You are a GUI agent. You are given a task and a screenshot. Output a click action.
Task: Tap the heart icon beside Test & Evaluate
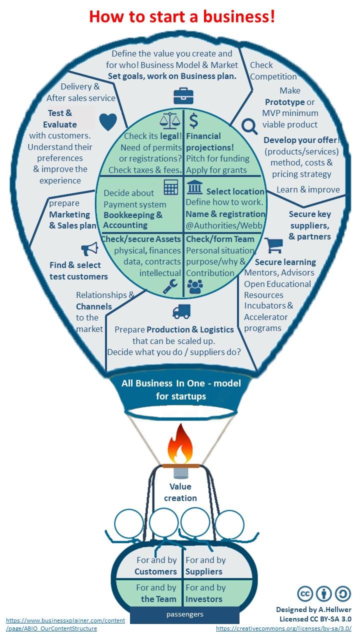point(108,121)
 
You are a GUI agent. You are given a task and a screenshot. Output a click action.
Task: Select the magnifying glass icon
point(249,127)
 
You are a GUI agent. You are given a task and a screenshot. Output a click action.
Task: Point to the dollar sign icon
point(193,120)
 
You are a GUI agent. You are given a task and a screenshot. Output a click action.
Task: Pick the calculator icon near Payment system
point(170,187)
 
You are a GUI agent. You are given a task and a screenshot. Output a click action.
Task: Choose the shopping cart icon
point(273,245)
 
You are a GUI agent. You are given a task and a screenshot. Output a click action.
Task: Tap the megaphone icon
point(89,248)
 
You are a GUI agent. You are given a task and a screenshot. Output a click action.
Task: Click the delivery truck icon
point(181,311)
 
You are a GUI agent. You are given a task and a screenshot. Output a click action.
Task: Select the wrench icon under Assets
point(170,286)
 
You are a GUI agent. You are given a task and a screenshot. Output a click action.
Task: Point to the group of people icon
point(194,286)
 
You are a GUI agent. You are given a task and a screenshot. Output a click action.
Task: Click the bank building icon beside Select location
point(194,187)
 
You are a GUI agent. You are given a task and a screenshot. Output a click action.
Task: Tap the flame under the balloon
point(180,443)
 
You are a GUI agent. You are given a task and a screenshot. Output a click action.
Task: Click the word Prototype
point(284,102)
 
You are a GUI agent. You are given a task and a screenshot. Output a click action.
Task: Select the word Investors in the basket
point(203,599)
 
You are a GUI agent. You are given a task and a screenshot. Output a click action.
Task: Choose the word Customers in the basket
point(155,571)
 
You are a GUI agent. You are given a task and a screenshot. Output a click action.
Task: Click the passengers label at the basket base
point(184,614)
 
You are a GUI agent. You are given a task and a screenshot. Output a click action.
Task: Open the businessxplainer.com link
point(65,624)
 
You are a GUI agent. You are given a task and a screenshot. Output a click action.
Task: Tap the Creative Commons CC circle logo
point(305,593)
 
